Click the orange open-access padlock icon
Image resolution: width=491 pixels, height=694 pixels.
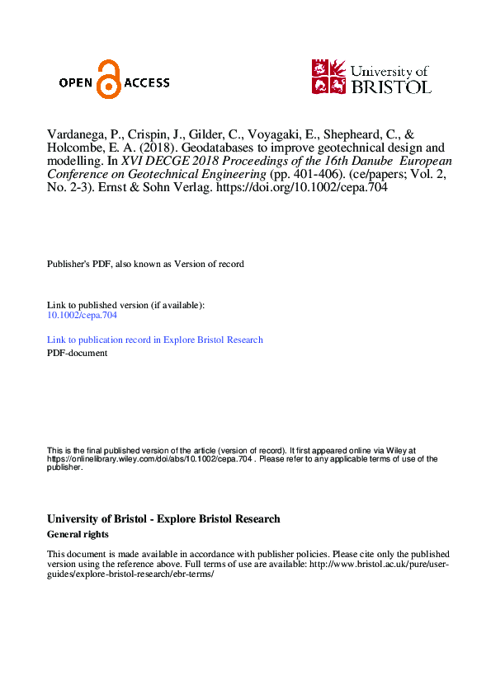[107, 79]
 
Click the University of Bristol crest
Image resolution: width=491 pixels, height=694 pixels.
[329, 76]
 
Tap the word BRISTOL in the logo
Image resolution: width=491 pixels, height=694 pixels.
[391, 86]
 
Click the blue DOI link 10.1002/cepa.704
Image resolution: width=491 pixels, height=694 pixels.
[82, 315]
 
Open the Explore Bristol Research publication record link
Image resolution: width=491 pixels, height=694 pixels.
[155, 340]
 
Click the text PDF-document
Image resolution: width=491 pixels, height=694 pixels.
[77, 353]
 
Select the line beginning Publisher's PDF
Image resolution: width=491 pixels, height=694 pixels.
[145, 264]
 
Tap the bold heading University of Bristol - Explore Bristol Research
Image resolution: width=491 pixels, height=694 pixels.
[163, 519]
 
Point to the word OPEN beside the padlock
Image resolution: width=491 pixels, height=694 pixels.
[76, 82]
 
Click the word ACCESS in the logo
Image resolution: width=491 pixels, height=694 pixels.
[147, 82]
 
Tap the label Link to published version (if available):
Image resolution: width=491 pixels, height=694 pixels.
[125, 305]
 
